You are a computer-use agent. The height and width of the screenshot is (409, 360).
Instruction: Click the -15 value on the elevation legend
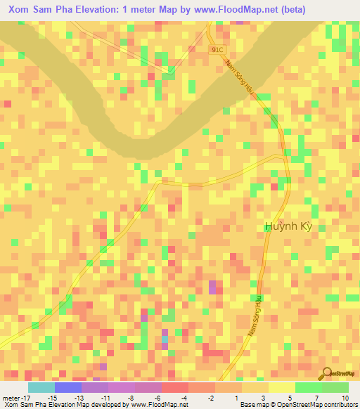click(x=51, y=397)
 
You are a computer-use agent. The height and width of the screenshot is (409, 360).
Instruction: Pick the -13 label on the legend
click(x=79, y=397)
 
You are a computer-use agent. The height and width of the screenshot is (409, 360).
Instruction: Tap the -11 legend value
click(x=105, y=397)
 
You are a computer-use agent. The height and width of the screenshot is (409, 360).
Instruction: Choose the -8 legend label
click(x=132, y=397)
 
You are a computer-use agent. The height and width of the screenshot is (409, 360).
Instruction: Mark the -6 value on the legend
click(x=159, y=397)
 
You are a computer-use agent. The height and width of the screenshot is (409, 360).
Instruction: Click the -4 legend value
click(x=186, y=397)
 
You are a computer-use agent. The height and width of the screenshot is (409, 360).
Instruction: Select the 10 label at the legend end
click(x=345, y=397)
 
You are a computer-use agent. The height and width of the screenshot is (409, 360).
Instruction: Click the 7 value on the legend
click(x=319, y=397)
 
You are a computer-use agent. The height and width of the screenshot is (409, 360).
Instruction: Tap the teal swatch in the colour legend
click(x=41, y=387)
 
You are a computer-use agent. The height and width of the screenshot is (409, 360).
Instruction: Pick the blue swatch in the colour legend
click(x=67, y=387)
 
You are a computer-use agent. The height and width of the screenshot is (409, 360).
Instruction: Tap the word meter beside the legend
click(x=12, y=397)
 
